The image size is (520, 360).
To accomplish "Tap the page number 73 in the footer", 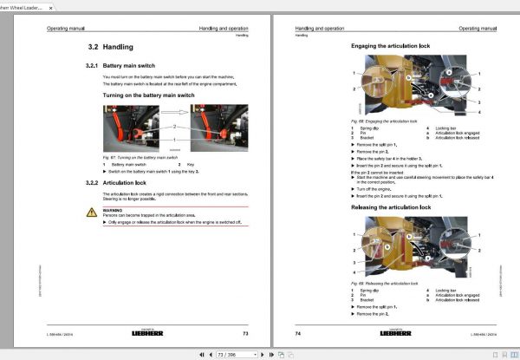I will click(x=245, y=333).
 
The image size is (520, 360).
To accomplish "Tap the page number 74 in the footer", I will click(x=298, y=333).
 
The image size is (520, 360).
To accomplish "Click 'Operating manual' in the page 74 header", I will click(x=475, y=29).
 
